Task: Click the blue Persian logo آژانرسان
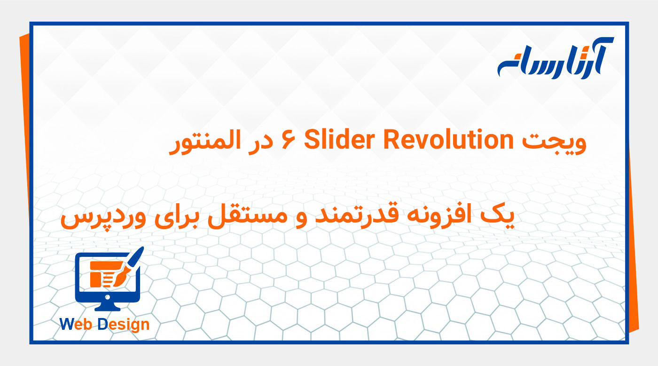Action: click(x=555, y=59)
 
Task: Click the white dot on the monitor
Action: click(x=108, y=297)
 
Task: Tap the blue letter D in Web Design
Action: click(x=103, y=324)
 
